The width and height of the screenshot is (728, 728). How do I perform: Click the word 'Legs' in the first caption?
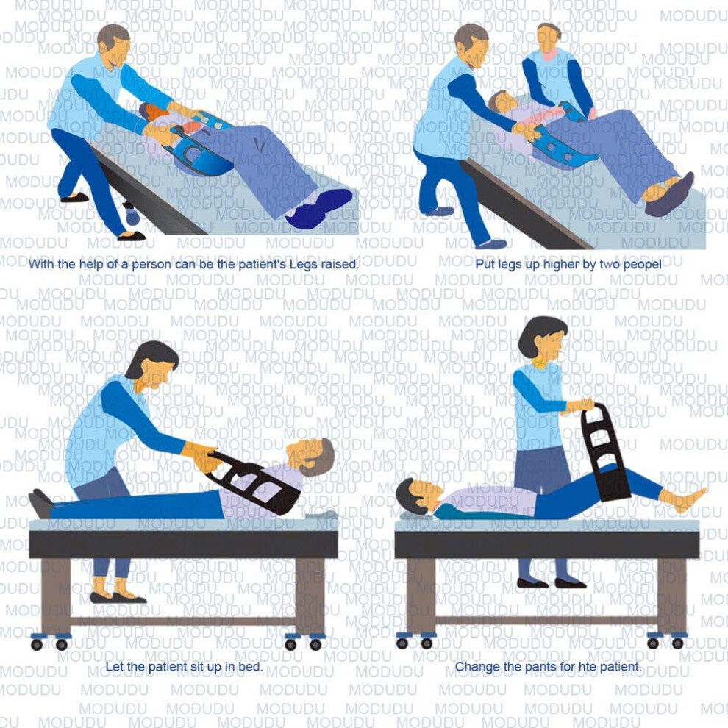pyautogui.click(x=303, y=265)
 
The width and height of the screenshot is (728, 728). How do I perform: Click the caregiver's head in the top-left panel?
pyautogui.click(x=114, y=43)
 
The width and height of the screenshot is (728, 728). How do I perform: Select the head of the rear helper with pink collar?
pyautogui.click(x=549, y=38)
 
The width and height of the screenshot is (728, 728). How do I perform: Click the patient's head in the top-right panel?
pyautogui.click(x=502, y=102)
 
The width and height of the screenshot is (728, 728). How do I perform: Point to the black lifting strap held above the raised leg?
pyautogui.click(x=605, y=455)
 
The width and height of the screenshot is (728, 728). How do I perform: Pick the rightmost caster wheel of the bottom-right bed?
pyautogui.click(x=677, y=643)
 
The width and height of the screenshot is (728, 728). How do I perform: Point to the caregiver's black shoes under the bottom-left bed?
pyautogui.click(x=118, y=598)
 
